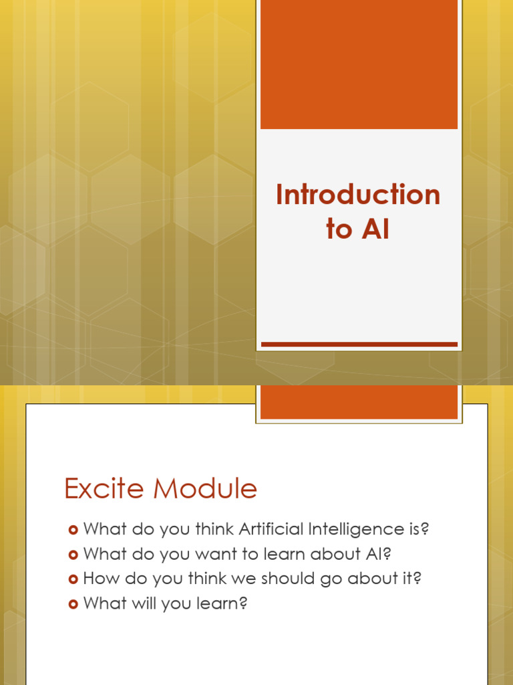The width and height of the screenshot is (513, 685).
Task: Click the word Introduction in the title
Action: (x=358, y=195)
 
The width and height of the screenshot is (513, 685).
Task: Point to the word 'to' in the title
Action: (x=339, y=230)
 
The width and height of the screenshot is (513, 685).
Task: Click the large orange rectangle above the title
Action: (x=359, y=64)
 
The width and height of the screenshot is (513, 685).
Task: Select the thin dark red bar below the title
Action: (x=359, y=344)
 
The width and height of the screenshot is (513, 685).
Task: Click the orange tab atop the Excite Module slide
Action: (x=359, y=402)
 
